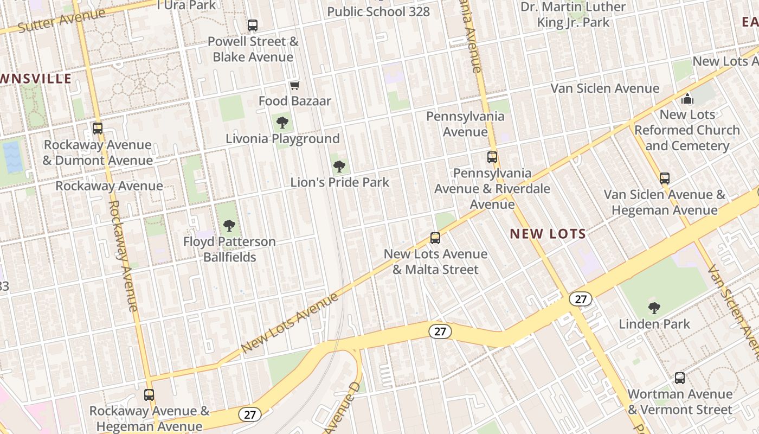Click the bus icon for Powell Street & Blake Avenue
click(x=252, y=25)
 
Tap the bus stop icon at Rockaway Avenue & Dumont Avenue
click(x=98, y=129)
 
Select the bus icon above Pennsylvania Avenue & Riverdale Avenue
click(x=492, y=157)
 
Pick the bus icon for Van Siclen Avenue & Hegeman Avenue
click(x=664, y=178)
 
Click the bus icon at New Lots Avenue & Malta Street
click(x=435, y=238)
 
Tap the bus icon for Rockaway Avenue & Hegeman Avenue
click(x=149, y=394)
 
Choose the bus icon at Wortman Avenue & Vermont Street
click(x=679, y=378)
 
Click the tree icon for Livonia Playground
click(x=282, y=123)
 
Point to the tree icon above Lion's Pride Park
click(x=339, y=166)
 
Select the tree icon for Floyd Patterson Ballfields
click(x=229, y=225)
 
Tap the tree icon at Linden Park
click(x=654, y=308)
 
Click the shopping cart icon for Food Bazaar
click(x=294, y=85)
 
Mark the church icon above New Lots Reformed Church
click(x=687, y=99)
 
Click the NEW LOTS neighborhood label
click(x=548, y=234)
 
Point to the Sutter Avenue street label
click(x=61, y=20)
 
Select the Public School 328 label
click(x=378, y=11)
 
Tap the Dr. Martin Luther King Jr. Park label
click(x=573, y=15)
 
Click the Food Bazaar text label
click(x=294, y=101)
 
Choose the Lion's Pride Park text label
click(x=340, y=182)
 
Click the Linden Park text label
click(x=654, y=324)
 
